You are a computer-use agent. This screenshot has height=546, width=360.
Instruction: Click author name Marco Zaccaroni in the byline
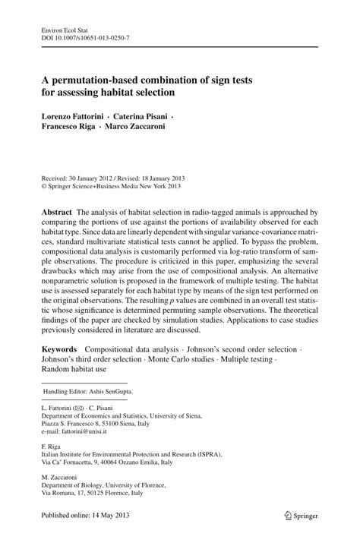tap(148, 129)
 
